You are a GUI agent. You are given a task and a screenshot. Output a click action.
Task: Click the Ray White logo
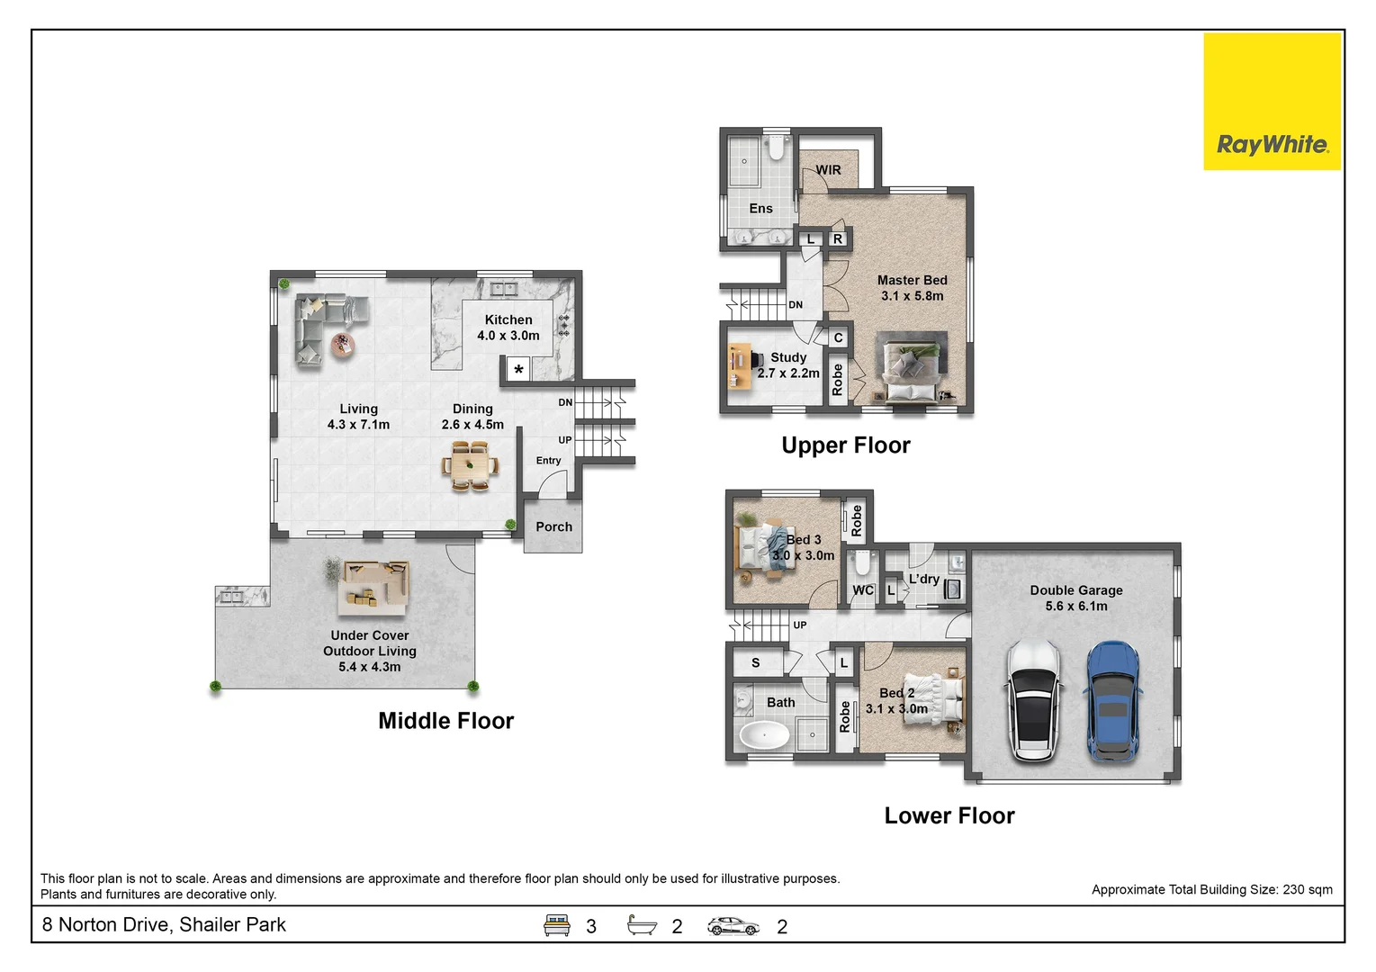[x=1272, y=144]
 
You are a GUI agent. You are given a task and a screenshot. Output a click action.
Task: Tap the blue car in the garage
[x=1113, y=701]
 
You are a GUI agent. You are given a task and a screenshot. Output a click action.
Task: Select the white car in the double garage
[x=1033, y=701]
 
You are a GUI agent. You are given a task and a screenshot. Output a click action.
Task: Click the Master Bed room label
[x=912, y=280]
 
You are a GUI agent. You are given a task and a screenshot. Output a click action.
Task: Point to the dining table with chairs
[x=470, y=466]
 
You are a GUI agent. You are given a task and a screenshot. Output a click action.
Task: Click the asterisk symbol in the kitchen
[x=518, y=370]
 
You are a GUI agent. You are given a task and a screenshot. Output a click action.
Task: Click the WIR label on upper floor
[x=828, y=169]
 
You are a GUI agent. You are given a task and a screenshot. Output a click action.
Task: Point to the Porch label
[x=553, y=526]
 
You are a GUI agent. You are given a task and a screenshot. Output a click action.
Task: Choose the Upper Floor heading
[x=845, y=445]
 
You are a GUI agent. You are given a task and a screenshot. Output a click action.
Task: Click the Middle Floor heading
[x=445, y=721]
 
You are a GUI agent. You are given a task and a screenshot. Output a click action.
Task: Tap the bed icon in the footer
[x=557, y=925]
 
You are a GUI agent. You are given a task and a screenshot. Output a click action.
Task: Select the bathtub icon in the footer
[x=642, y=925]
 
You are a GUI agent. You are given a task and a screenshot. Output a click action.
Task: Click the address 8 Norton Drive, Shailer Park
[x=164, y=924]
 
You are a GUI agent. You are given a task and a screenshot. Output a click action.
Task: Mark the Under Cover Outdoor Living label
[x=370, y=643]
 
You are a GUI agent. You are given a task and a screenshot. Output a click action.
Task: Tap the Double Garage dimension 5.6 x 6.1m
[x=1076, y=606]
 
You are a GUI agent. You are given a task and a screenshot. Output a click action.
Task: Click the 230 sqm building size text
[x=1307, y=889]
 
